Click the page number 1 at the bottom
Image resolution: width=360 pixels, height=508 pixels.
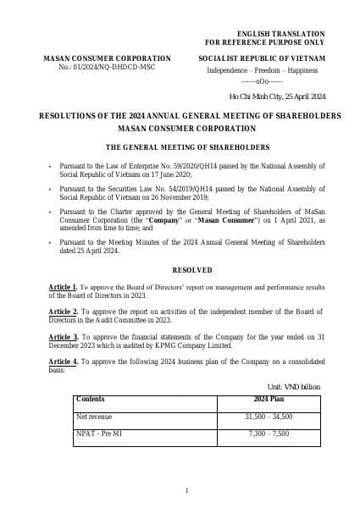[x=186, y=490]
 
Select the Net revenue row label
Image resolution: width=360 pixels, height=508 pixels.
[x=94, y=417]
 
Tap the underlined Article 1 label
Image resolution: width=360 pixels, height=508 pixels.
[x=64, y=288]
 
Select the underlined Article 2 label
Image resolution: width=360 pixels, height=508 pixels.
[x=64, y=312]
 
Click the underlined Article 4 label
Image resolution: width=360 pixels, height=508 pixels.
[x=64, y=362]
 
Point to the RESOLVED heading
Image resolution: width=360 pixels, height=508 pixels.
[x=186, y=269]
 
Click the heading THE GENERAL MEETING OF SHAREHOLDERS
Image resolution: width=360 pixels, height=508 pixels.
[x=186, y=146]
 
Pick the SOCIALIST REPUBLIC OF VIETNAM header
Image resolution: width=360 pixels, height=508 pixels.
[x=262, y=58]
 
